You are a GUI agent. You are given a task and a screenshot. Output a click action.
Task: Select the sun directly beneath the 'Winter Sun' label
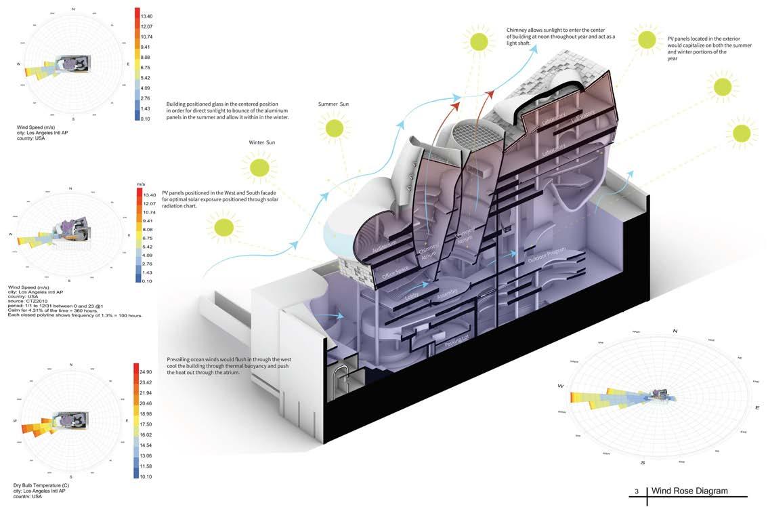[258, 166]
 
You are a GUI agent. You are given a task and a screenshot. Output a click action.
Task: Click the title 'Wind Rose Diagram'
[689, 491]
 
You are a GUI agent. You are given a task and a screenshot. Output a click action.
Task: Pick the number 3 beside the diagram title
[637, 491]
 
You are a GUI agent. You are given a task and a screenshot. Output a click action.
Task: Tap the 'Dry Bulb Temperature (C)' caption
[41, 486]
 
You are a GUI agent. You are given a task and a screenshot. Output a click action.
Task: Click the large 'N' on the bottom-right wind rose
[675, 330]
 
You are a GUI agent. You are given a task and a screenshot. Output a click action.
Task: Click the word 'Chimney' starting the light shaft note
[519, 30]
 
